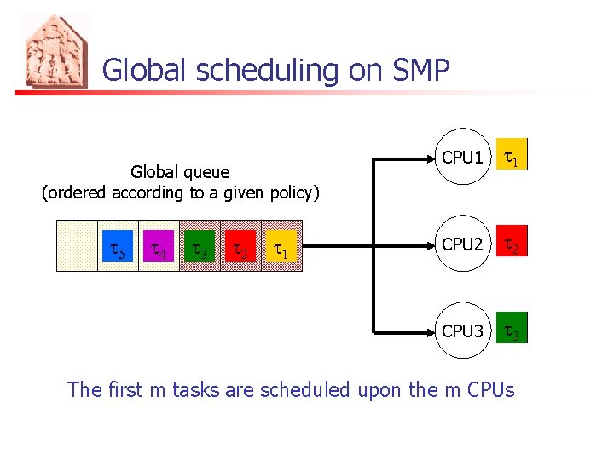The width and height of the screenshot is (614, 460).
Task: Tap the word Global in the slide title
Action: coord(147,70)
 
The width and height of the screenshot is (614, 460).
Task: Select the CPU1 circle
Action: coord(462,158)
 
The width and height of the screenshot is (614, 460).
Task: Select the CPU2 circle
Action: coord(462,244)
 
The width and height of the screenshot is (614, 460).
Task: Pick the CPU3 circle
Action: coord(462,331)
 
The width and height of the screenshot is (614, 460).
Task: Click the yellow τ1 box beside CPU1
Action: coord(513,157)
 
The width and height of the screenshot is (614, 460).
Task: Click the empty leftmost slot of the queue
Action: coord(77,245)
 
